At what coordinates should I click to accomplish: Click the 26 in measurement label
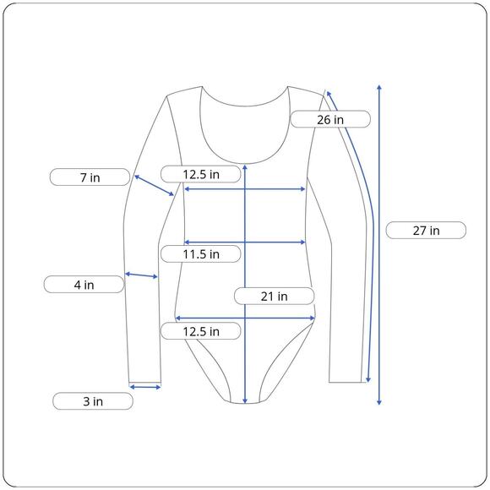coord(330,119)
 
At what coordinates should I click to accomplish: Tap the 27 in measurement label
coord(426,231)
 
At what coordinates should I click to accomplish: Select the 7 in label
coord(90,177)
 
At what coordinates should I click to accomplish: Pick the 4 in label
coord(84,285)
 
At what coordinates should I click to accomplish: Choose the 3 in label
coord(93,401)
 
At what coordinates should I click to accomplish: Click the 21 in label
coord(274,296)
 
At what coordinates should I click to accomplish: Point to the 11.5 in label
coord(201,253)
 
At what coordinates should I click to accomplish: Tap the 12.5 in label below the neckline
coord(201,174)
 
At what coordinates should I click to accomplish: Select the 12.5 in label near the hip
coord(201,331)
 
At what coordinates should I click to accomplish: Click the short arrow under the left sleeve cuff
coord(145,387)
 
